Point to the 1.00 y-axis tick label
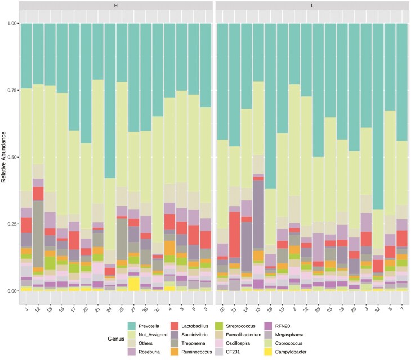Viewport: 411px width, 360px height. pos(10,24)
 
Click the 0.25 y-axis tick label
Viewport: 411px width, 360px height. pos(10,224)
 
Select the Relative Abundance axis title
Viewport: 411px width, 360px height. pos(4,157)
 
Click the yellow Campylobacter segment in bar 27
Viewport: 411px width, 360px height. pos(133,283)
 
